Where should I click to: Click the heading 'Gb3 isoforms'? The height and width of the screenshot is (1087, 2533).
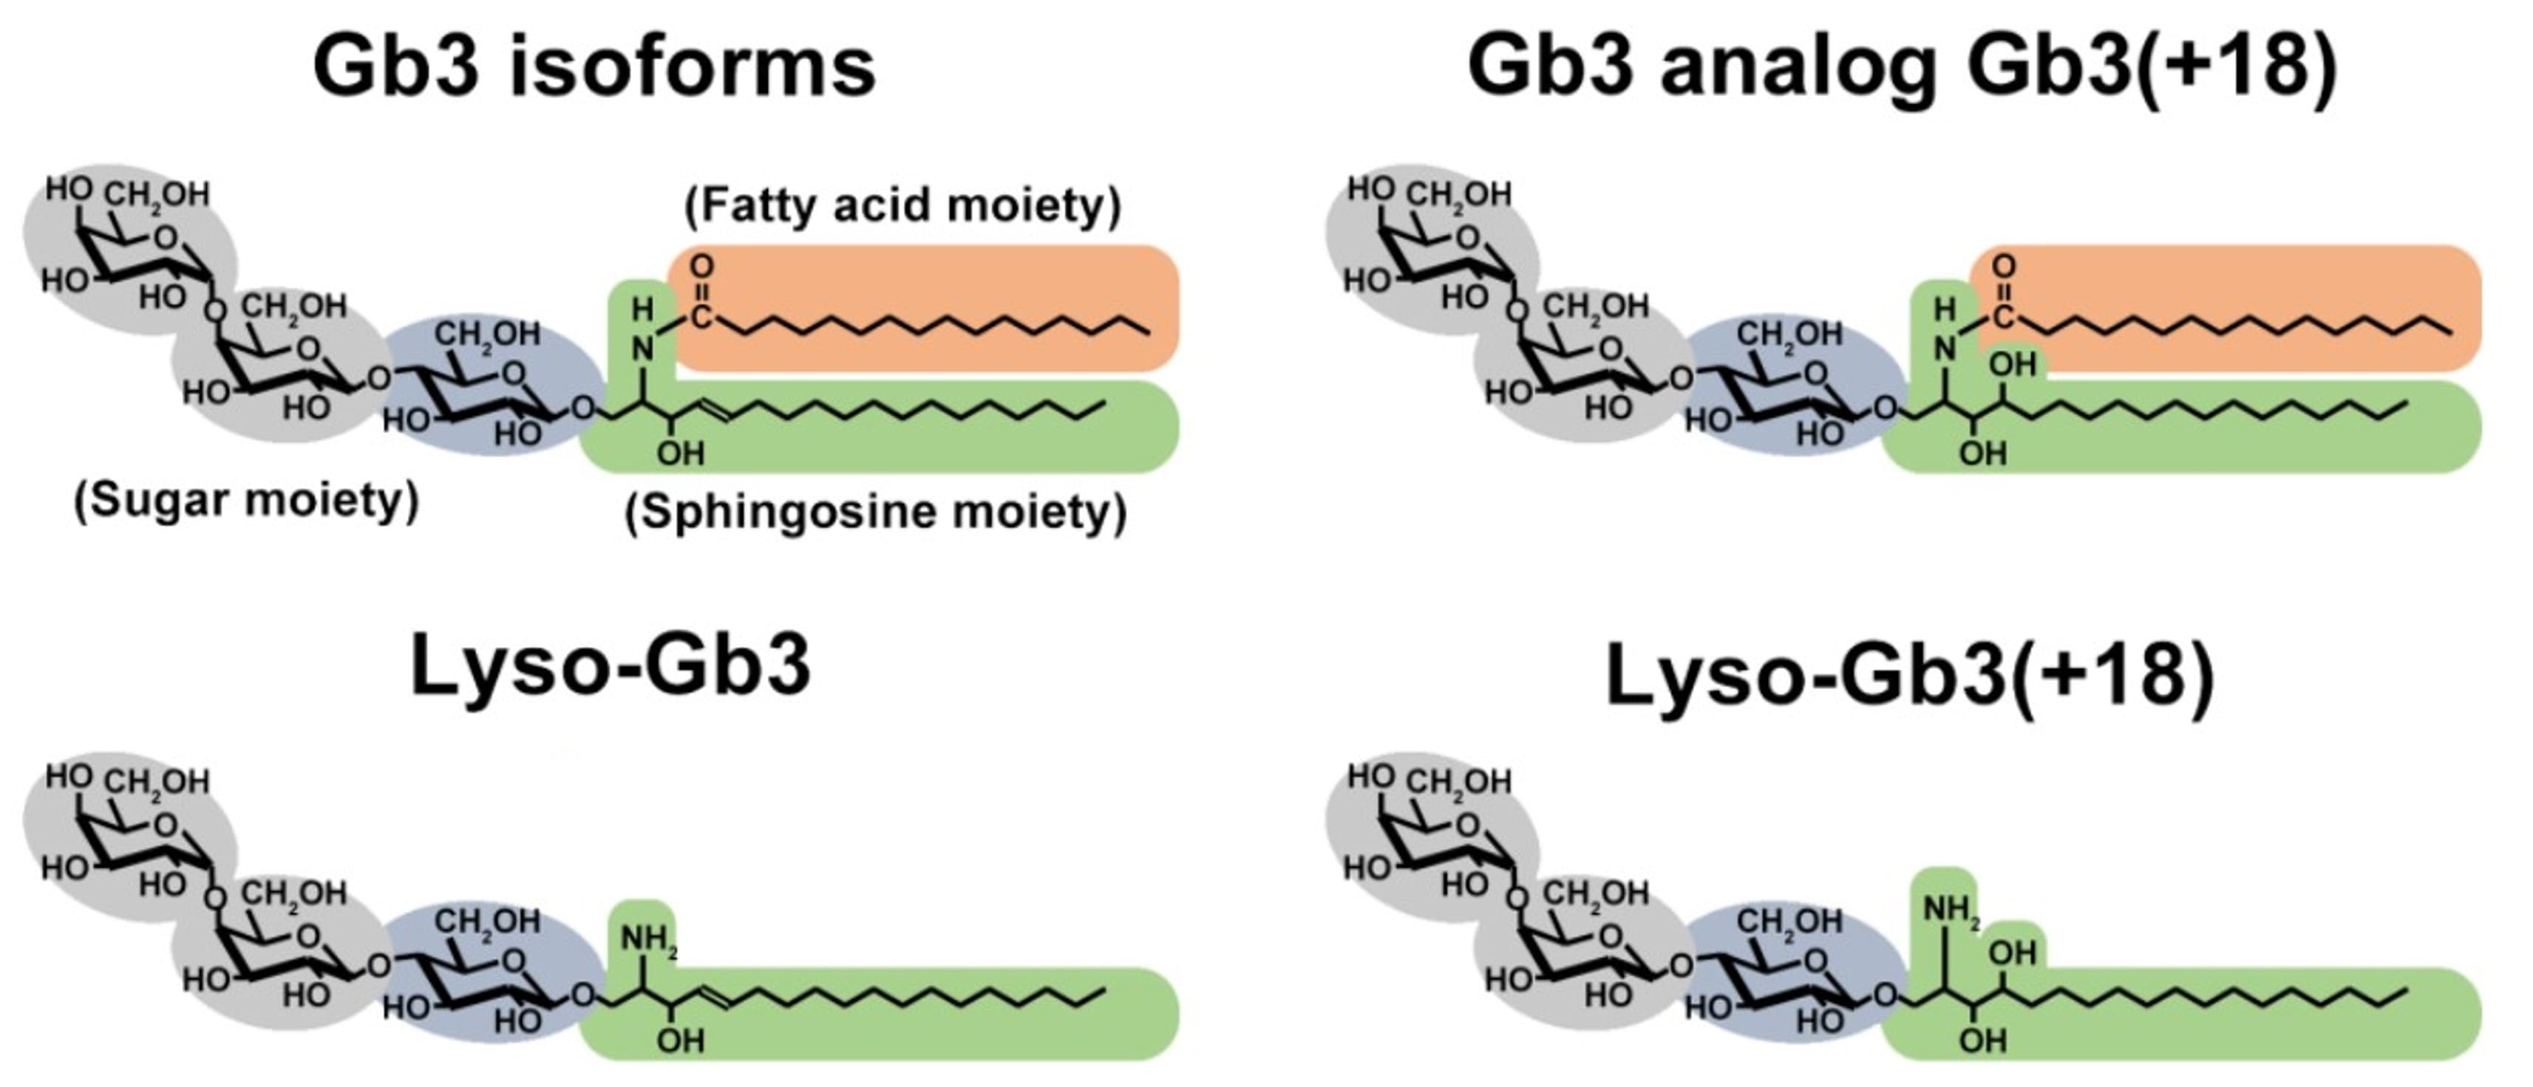coord(594,67)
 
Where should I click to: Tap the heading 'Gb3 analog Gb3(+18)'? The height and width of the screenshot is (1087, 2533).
coord(1901,67)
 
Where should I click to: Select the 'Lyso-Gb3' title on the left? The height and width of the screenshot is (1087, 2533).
coord(610,665)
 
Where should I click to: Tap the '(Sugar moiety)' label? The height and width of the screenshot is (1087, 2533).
coord(247,500)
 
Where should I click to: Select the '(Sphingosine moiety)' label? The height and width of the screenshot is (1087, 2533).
coord(876,512)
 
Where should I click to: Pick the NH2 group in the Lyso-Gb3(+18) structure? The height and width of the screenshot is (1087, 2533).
coord(1950,911)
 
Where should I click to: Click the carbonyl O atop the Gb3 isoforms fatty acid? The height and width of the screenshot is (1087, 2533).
coord(701,267)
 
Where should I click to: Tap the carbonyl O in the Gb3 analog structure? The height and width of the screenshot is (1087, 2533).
coord(2003,267)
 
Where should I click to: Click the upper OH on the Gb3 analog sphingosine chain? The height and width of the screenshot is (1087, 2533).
coord(2013,365)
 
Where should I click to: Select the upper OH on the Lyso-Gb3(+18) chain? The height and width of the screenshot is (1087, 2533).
coord(2013,953)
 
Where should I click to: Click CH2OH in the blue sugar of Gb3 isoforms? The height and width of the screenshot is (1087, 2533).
coord(488,335)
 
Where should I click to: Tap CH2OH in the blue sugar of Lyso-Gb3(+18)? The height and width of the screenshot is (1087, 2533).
coord(1789,922)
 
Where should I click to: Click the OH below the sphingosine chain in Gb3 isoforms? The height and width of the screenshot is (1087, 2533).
coord(681,453)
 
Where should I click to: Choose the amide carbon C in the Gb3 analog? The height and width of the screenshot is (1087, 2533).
coord(2003,317)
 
